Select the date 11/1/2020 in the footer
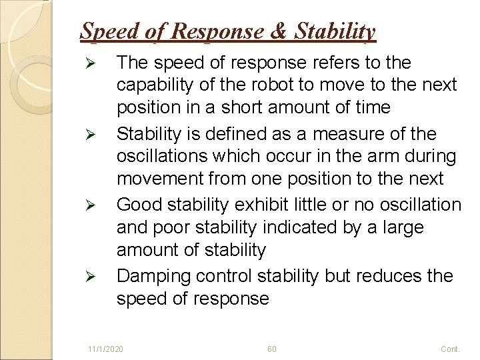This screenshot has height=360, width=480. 105,349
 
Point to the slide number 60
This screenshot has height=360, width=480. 271,349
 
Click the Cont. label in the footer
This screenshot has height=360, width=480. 450,349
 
